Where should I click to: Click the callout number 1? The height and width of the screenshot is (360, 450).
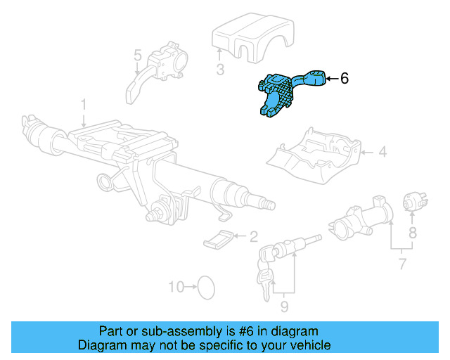(83, 105)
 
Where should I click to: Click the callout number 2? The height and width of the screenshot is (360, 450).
(253, 237)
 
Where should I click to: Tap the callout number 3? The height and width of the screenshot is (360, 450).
(219, 69)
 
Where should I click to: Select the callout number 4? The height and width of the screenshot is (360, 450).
(382, 151)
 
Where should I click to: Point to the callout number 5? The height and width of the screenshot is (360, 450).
(137, 54)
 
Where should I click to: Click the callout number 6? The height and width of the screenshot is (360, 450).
(344, 78)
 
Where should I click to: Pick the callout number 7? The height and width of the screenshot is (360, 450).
(401, 264)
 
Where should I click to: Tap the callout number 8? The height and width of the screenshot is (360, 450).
(413, 231)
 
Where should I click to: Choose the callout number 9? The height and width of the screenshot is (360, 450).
(284, 307)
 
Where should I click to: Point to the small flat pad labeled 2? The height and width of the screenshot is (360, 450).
(219, 239)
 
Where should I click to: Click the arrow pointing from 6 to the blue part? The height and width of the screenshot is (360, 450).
(331, 78)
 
